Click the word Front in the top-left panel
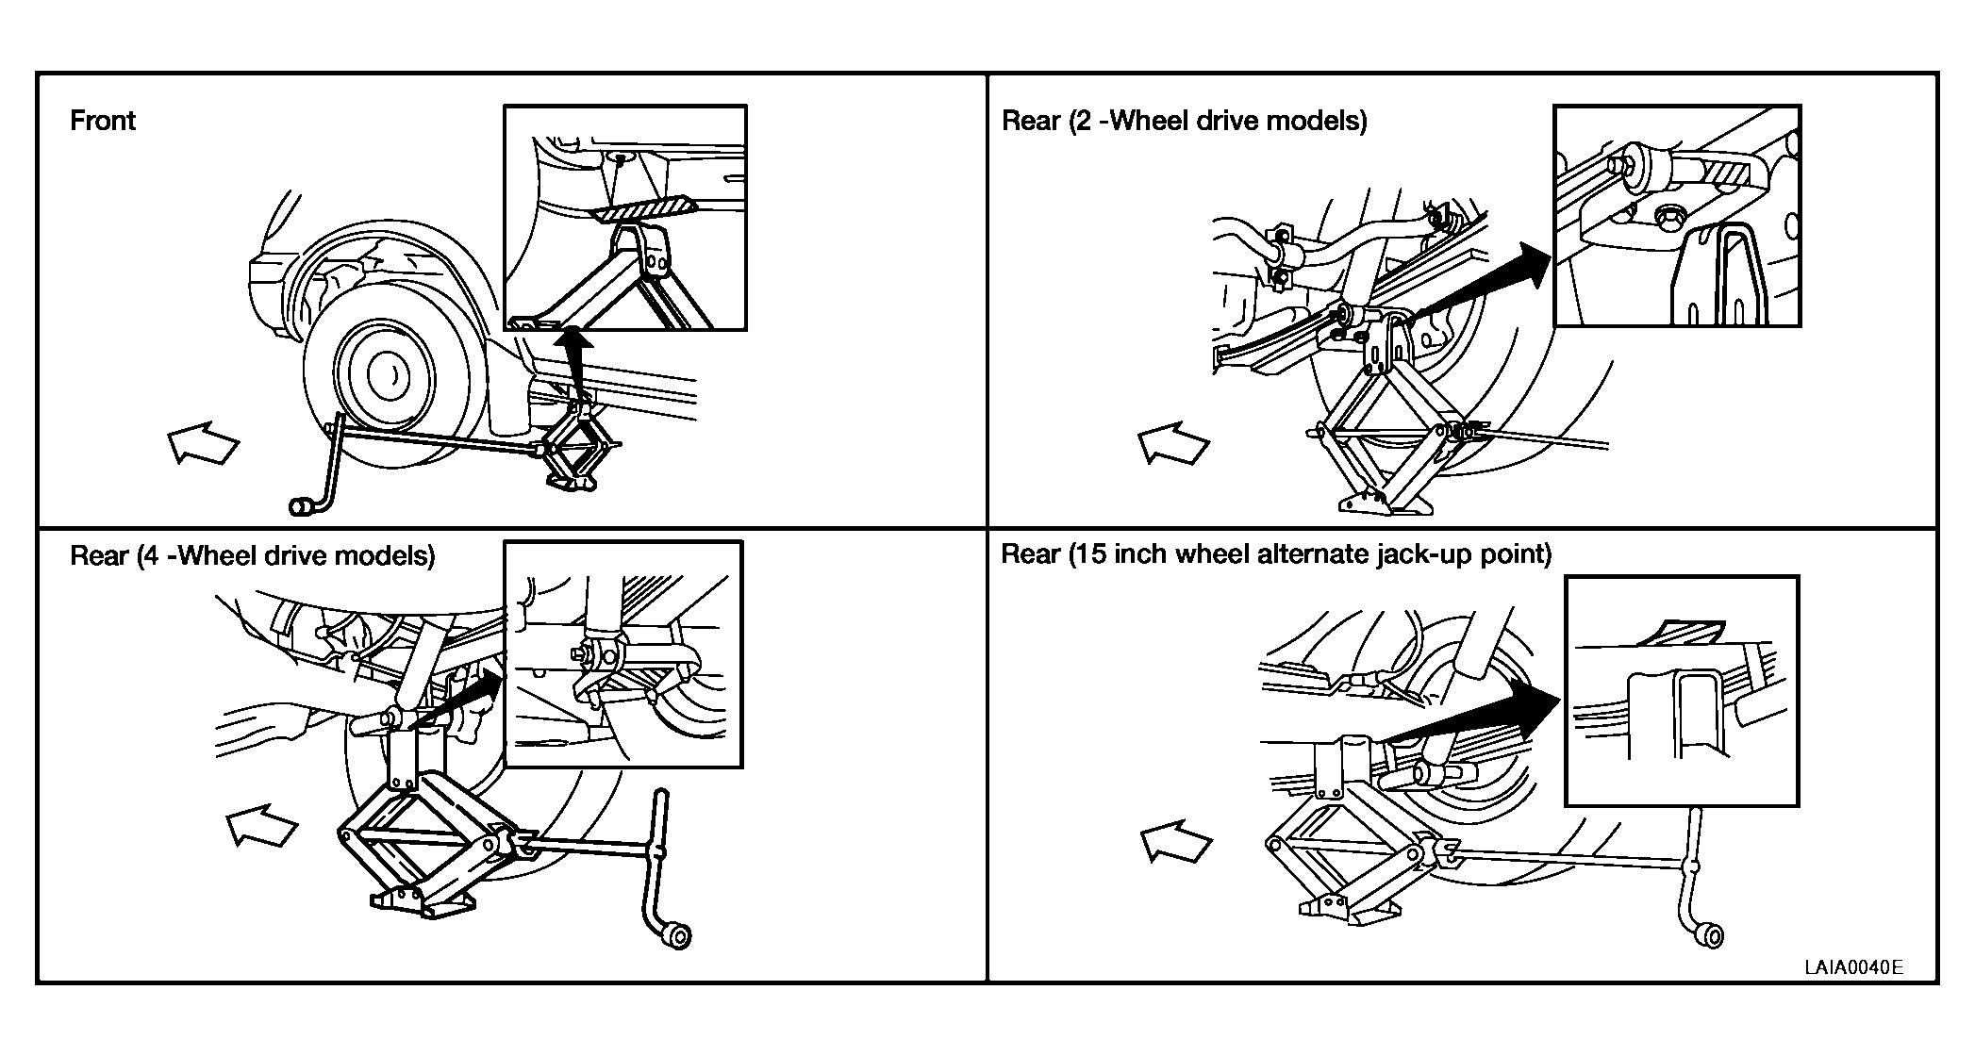(x=103, y=121)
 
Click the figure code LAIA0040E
(x=1853, y=967)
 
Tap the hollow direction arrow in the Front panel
(x=203, y=442)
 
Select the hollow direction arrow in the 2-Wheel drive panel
(x=1173, y=442)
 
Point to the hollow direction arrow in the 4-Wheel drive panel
(x=262, y=825)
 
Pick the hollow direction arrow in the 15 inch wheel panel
(x=1176, y=841)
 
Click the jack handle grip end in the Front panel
(x=304, y=507)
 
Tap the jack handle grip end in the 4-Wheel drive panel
(x=676, y=936)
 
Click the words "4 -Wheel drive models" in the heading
(x=286, y=555)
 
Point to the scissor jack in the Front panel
(x=576, y=448)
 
